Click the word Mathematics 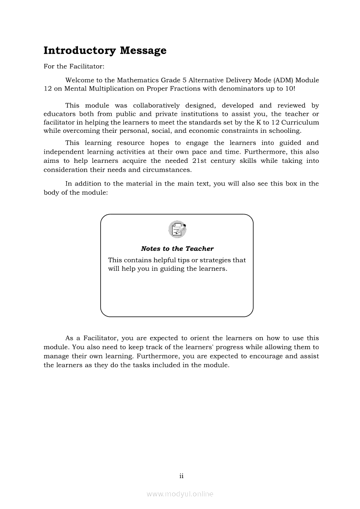point(138,80)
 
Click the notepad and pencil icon point(177,229)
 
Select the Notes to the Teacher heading point(177,249)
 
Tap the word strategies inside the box point(216,260)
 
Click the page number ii point(181,476)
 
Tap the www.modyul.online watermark point(180,494)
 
